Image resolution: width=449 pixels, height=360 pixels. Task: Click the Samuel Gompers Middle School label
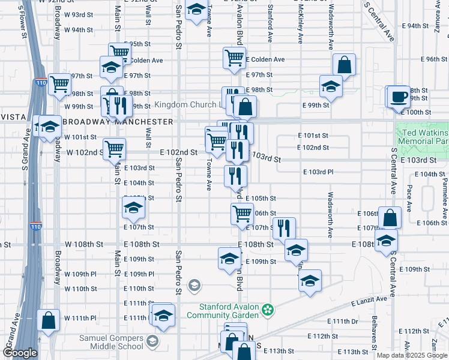click(112, 341)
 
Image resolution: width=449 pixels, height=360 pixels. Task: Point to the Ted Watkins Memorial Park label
click(423, 136)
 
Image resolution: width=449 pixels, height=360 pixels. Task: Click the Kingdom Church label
click(187, 105)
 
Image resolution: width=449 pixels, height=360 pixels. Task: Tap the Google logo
click(20, 353)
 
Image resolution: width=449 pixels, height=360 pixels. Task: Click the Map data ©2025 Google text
click(412, 355)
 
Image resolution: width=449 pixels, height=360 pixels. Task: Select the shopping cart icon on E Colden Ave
click(234, 58)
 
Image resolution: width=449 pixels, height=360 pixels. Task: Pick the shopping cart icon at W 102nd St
click(114, 149)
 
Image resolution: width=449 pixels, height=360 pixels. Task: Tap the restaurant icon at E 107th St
click(283, 228)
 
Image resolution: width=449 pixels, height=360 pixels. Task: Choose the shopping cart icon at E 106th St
click(242, 214)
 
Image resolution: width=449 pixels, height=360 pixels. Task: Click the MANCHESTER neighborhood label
click(147, 121)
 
